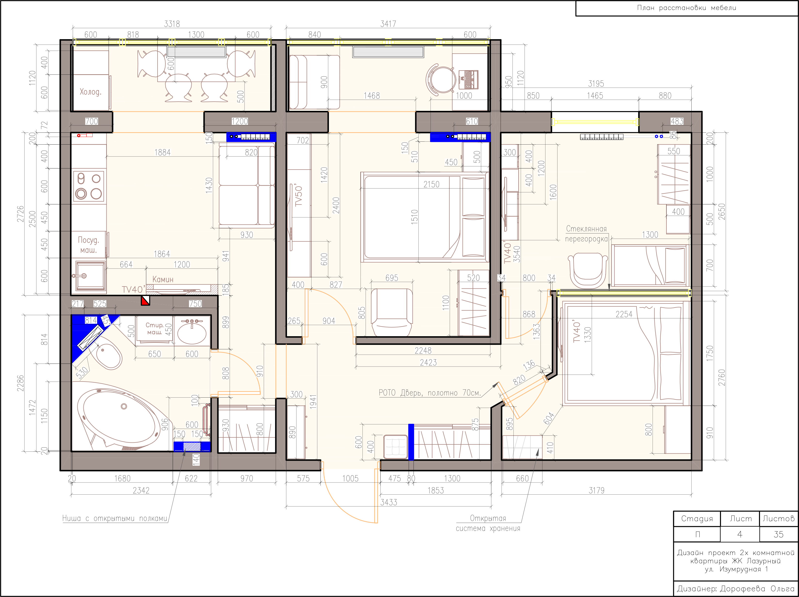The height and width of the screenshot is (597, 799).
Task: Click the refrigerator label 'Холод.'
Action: (90, 92)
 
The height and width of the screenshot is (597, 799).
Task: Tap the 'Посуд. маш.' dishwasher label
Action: (88, 245)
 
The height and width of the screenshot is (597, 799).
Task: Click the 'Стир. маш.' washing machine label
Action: (154, 328)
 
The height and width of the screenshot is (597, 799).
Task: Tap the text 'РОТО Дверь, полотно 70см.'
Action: (430, 393)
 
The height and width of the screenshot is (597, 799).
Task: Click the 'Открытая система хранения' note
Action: (488, 523)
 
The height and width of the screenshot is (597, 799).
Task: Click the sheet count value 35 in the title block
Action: (778, 534)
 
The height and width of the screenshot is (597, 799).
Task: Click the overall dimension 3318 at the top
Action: (172, 24)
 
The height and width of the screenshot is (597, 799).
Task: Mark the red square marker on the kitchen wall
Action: (145, 300)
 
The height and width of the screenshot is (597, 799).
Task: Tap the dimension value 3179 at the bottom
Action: (596, 491)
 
